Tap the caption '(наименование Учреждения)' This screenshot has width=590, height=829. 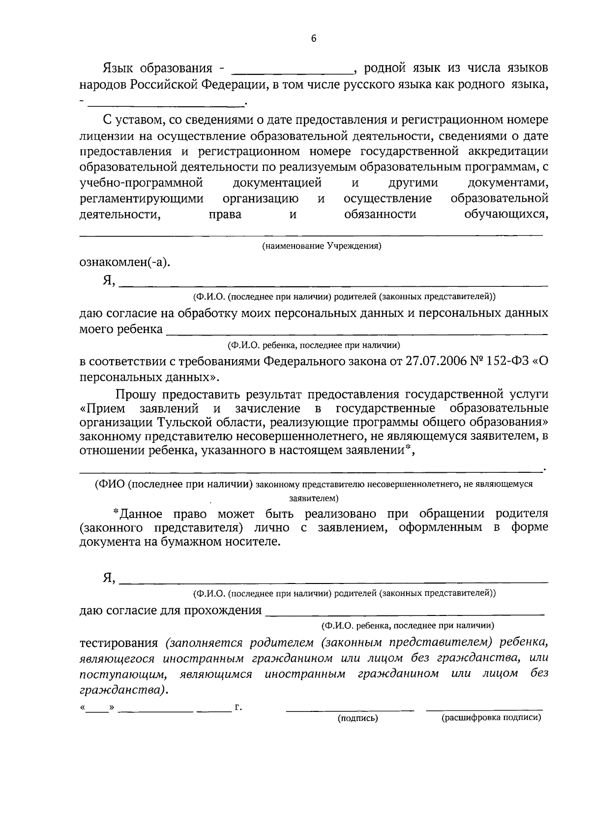(322, 246)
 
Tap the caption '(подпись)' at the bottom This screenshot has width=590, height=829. (357, 718)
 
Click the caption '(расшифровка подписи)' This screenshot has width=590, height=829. (491, 718)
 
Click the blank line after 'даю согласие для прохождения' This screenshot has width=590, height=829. (404, 614)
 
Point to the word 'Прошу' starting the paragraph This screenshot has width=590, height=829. (136, 394)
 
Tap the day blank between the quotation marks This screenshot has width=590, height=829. (98, 709)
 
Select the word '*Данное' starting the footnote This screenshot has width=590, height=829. (137, 514)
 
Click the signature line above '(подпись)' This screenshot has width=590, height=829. (350, 709)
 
